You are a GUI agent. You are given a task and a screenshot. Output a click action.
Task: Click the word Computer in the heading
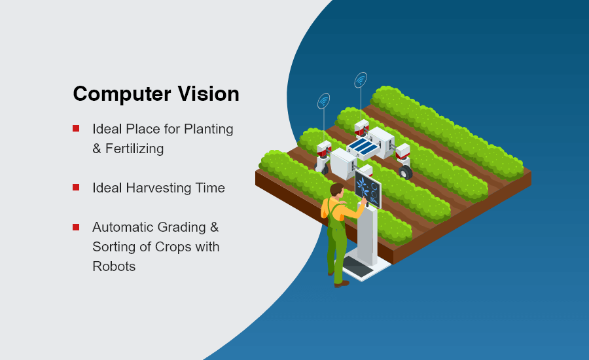coord(122,94)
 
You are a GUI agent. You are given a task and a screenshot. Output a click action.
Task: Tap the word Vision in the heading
coord(209,93)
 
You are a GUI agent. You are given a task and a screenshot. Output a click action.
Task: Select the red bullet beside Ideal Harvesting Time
coord(76,187)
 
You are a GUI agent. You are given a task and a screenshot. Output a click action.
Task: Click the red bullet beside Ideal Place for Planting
coord(76,128)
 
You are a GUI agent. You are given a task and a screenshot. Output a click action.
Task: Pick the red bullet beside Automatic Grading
coord(76,227)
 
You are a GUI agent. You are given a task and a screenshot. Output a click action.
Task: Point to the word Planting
coord(209,130)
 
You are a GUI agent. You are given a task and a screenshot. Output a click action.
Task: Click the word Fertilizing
coord(134,149)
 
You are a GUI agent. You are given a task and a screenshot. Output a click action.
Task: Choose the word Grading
coord(182,228)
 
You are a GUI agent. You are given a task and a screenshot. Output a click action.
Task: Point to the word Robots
coord(114,266)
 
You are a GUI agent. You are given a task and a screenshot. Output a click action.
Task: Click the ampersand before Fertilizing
coord(97,149)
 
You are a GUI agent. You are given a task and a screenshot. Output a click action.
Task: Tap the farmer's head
coord(337,190)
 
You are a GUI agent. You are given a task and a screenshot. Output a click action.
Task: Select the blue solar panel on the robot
coord(363,146)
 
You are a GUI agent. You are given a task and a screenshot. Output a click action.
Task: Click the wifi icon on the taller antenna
coord(361,80)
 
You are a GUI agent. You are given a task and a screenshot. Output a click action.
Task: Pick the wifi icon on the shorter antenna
coord(323,101)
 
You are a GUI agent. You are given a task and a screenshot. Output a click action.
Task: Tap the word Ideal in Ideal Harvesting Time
coord(107,187)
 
